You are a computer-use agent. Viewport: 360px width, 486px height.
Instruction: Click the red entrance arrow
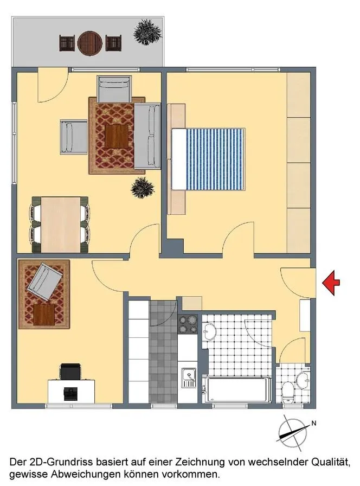(331, 283)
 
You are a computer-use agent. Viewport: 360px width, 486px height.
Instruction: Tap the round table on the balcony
(90, 43)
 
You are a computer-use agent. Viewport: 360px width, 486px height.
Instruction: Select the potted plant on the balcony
(148, 32)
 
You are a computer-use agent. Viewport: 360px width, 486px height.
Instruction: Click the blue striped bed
(208, 159)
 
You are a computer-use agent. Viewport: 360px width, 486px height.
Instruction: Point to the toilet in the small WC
(288, 392)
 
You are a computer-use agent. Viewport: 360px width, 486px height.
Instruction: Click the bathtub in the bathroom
(237, 389)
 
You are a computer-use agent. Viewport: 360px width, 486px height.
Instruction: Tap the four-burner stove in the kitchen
(188, 324)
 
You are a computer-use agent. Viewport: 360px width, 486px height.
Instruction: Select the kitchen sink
(188, 378)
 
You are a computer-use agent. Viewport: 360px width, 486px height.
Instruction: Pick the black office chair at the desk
(70, 372)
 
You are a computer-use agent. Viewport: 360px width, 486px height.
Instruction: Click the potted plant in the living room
(143, 188)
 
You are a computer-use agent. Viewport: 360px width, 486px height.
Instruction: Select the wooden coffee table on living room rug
(117, 136)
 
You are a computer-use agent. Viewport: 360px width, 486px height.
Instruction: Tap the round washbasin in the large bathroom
(209, 331)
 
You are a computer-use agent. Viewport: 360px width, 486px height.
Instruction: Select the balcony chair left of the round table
(67, 43)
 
